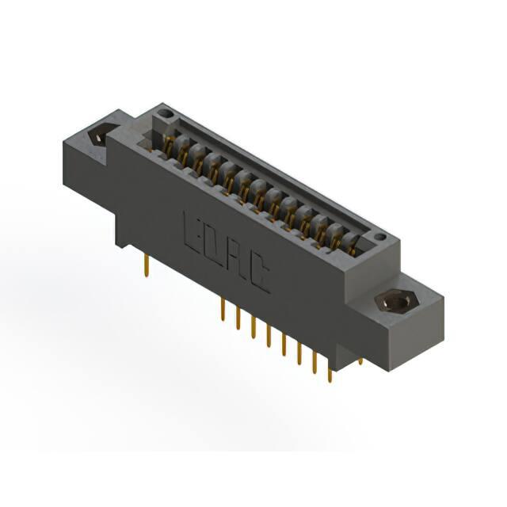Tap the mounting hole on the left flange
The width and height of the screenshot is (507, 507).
[100, 135]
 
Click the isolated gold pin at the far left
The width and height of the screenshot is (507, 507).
[147, 265]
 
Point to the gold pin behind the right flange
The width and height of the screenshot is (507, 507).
[361, 361]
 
